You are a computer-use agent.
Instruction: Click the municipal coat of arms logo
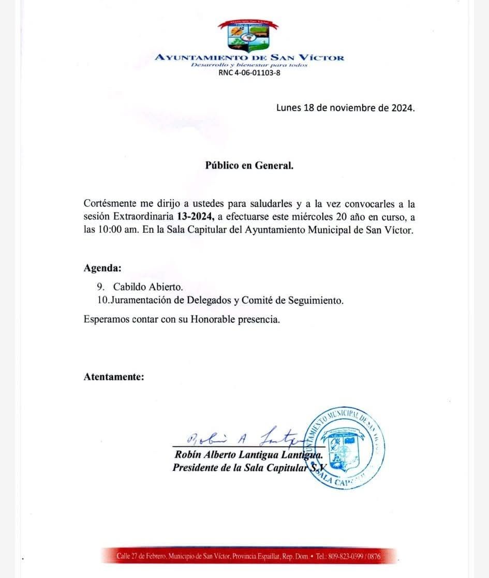pyautogui.click(x=248, y=35)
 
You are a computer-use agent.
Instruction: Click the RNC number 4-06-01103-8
pyautogui.click(x=249, y=73)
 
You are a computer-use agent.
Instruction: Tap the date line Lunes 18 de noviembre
pyautogui.click(x=345, y=108)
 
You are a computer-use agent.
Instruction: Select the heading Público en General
pyautogui.click(x=249, y=166)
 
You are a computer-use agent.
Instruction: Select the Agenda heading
pyautogui.click(x=102, y=268)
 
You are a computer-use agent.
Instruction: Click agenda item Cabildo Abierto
pyautogui.click(x=148, y=287)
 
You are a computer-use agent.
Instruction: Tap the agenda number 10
pyautogui.click(x=102, y=300)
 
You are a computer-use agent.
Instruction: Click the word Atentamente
pyautogui.click(x=114, y=377)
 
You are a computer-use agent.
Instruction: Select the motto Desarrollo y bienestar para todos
pyautogui.click(x=249, y=65)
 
